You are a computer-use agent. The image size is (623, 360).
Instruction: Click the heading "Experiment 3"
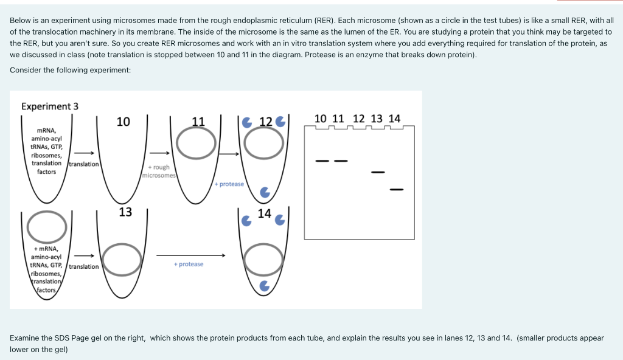click(50, 106)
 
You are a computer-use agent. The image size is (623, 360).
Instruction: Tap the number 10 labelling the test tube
click(123, 122)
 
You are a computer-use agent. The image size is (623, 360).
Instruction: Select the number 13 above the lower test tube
click(125, 212)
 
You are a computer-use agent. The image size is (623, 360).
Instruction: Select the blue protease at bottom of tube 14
click(264, 285)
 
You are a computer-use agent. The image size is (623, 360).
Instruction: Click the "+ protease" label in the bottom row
click(189, 265)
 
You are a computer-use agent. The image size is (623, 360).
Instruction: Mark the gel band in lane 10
click(322, 161)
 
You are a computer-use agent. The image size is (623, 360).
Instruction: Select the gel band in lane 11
click(341, 161)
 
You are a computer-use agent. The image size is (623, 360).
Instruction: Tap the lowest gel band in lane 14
click(397, 190)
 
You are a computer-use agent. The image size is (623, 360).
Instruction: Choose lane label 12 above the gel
click(359, 119)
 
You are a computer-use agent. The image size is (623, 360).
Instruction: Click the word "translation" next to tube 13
click(84, 266)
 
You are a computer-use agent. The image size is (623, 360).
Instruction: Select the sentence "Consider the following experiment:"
click(71, 70)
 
